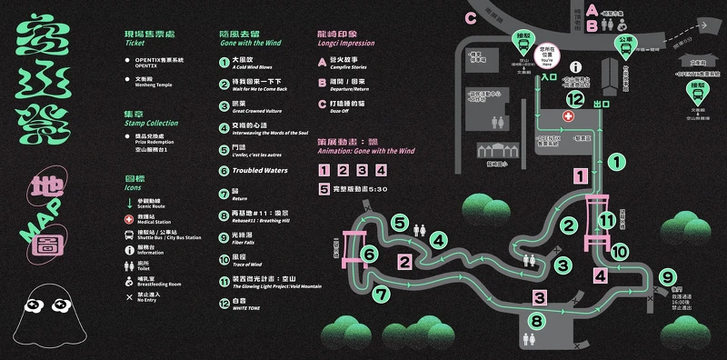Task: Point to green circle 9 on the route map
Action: point(668,277)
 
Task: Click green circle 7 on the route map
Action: point(381,294)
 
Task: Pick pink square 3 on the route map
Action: point(539,297)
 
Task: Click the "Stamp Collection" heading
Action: point(151,122)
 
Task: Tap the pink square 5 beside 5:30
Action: point(324,190)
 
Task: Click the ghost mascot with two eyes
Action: point(45,311)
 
